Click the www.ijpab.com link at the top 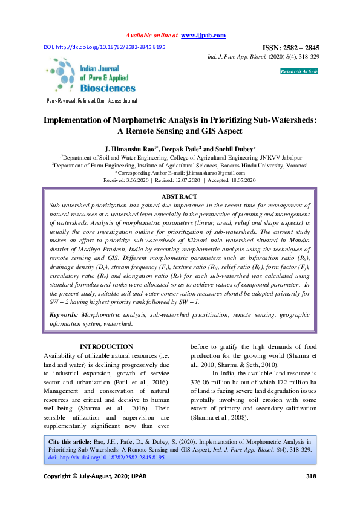coord(203,36)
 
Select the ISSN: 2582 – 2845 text coord(290,48)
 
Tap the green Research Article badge coord(298,71)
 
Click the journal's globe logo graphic coord(61,76)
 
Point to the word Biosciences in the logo coord(108,88)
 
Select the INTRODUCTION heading coord(106,346)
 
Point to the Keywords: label coord(63,315)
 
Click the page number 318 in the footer coord(311,493)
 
